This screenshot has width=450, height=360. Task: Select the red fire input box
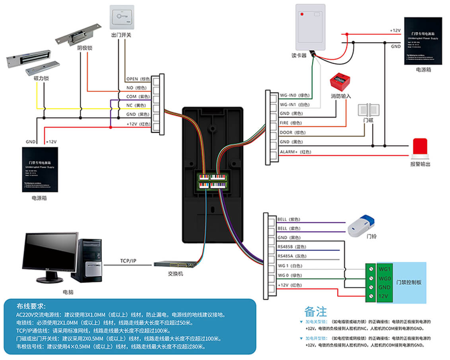coord(341,82)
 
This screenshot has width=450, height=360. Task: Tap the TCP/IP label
coord(128,261)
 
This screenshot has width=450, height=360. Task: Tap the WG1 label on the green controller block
coord(385,269)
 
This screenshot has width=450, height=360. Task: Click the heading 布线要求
coord(31,306)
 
